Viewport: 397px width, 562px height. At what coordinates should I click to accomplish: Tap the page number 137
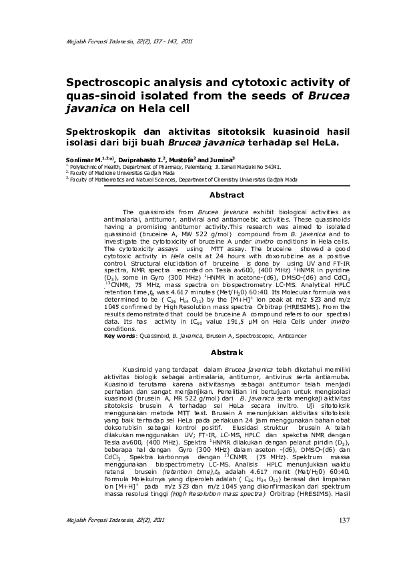pyautogui.click(x=344, y=521)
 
